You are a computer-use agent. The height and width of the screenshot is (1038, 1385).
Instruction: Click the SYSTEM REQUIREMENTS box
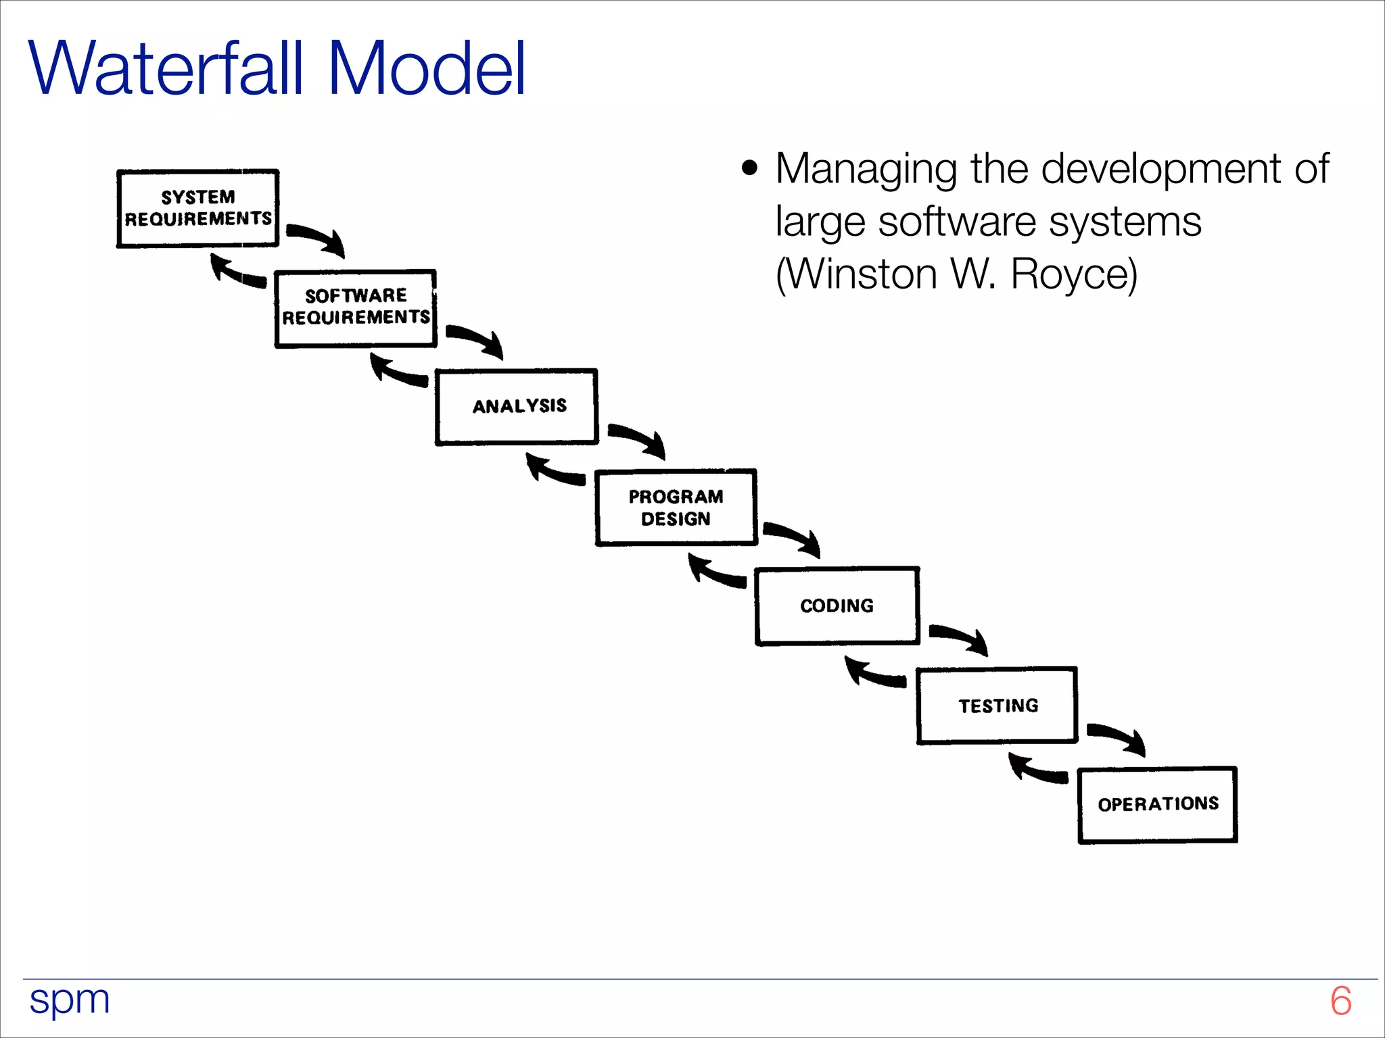[197, 208]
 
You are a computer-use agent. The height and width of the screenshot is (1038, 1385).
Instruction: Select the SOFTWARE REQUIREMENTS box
[355, 308]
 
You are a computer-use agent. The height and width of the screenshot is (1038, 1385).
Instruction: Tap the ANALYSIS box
[517, 407]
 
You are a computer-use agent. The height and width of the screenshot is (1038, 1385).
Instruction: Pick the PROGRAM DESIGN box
[676, 508]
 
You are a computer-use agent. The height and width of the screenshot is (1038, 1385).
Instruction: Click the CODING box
[837, 606]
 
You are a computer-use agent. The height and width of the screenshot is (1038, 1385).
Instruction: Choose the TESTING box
[997, 706]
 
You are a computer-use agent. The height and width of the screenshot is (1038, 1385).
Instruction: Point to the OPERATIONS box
[1157, 804]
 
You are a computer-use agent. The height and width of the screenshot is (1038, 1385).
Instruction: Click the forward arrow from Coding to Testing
[961, 637]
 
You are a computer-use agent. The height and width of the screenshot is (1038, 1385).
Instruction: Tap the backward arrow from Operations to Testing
[1037, 770]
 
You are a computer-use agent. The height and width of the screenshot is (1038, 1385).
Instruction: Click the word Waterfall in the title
[166, 69]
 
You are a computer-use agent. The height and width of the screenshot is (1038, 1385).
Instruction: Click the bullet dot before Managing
[749, 168]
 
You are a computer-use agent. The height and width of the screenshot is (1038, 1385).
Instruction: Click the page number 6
[1340, 1001]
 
